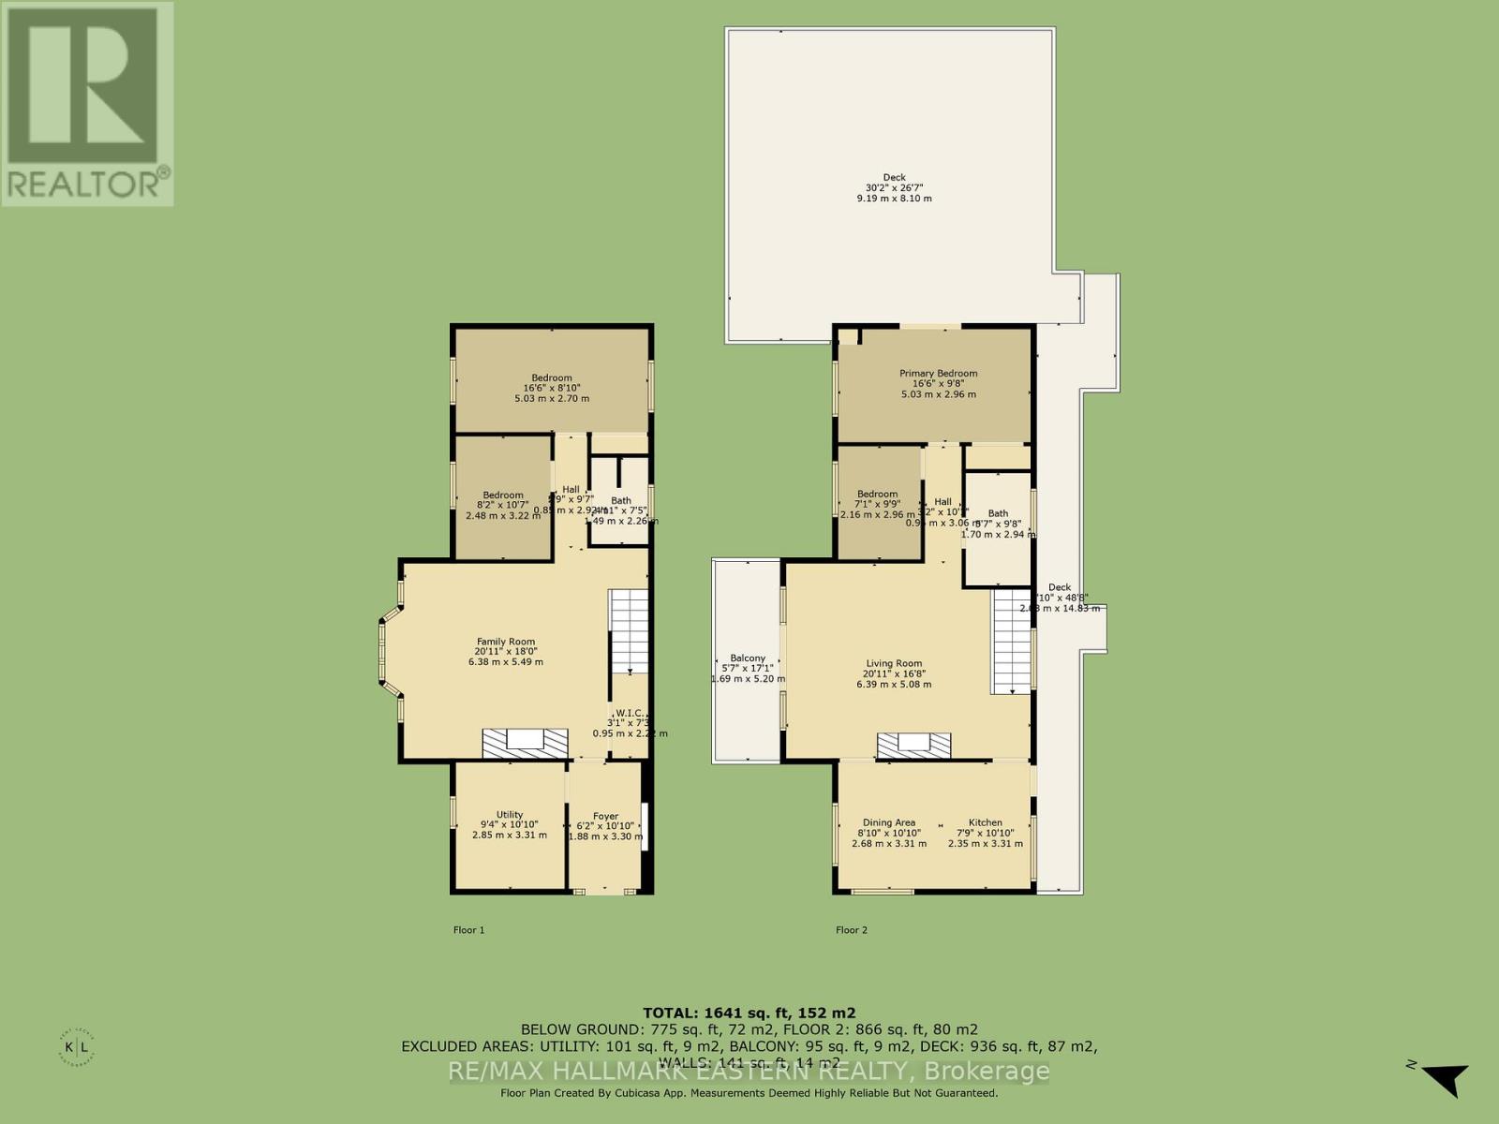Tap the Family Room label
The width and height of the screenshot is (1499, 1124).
point(506,642)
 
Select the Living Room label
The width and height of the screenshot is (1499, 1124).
point(893,663)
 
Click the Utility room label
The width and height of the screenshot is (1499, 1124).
point(509,815)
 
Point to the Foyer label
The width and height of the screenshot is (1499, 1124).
point(605,816)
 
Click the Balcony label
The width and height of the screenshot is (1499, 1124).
point(748,658)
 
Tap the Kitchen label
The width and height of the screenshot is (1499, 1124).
point(985,822)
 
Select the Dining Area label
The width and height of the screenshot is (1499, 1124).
point(888,822)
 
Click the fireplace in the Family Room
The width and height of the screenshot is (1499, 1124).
point(526,743)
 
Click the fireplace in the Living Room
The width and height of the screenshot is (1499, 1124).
point(914,745)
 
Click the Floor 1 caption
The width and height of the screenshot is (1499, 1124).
point(468,930)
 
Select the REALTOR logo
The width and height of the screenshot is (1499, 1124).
point(86,103)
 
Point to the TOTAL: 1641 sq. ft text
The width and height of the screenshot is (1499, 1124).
point(749,1013)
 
